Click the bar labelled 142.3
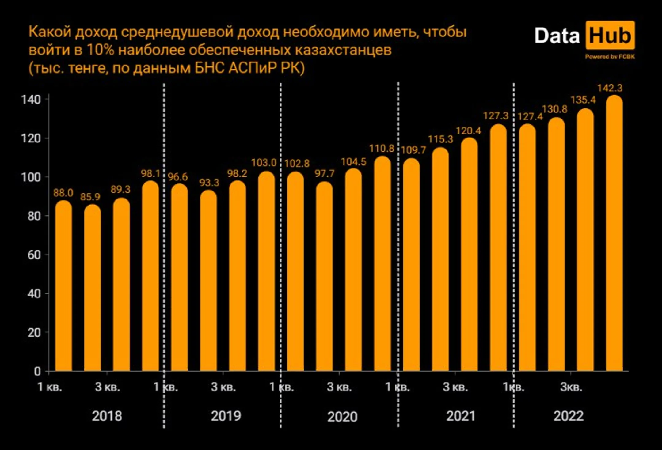click(614, 233)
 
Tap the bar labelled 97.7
click(324, 276)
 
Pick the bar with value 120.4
click(469, 254)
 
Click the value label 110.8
click(382, 149)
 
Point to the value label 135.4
click(583, 100)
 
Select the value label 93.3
click(209, 183)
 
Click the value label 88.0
click(63, 193)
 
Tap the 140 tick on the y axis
click(31, 100)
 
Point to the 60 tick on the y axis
click(34, 255)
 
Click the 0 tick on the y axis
click(37, 371)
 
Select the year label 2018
click(107, 416)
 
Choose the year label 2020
click(342, 417)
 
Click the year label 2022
click(569, 416)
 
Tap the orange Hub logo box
click(610, 35)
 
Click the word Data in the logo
click(557, 36)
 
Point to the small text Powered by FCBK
click(610, 57)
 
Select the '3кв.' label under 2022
click(571, 387)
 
